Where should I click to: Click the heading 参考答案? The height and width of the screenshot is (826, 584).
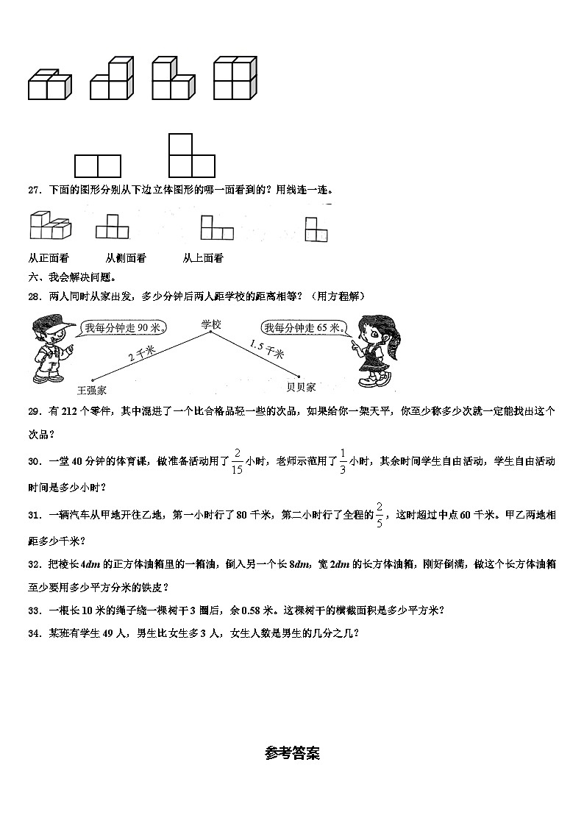292,753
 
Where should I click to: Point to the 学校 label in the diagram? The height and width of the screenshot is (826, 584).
210,324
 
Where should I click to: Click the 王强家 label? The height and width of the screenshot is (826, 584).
92,390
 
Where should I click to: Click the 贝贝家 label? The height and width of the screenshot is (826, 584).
301,386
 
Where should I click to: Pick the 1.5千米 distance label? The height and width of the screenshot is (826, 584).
266,349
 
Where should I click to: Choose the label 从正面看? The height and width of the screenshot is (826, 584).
48,258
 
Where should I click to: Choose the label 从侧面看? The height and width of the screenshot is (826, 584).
126,258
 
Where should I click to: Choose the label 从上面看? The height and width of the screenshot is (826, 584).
203,258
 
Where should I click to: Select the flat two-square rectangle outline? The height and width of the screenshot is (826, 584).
97,166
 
